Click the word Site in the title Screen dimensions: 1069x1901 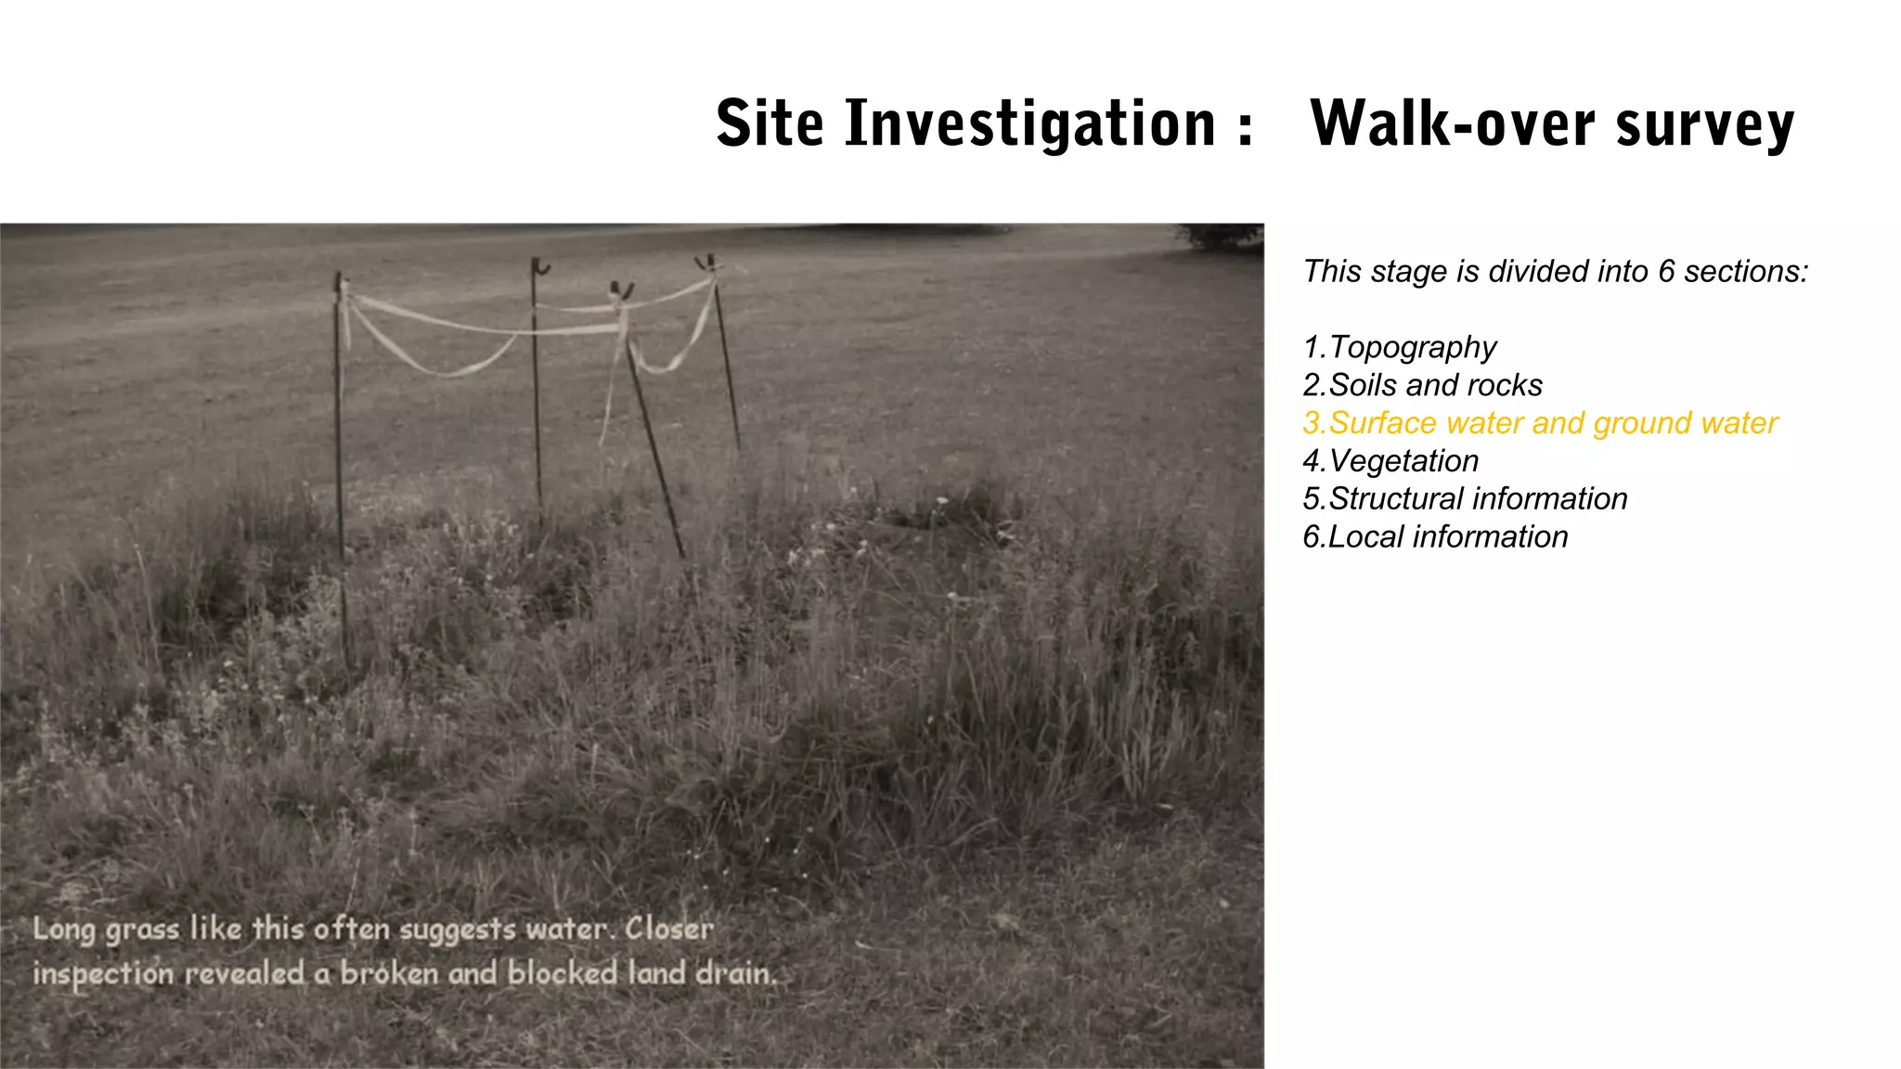click(x=769, y=123)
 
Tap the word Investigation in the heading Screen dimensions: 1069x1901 click(x=1030, y=123)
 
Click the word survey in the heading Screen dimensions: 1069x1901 click(x=1705, y=125)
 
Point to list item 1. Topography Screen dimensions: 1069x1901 click(x=1400, y=347)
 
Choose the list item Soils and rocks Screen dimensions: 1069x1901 click(x=1422, y=385)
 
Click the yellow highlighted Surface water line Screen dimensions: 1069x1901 click(x=1539, y=423)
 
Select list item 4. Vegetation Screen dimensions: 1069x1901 click(x=1390, y=461)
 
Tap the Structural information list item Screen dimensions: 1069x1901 click(x=1465, y=499)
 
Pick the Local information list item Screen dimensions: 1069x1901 click(x=1435, y=537)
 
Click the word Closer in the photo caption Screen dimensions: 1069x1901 click(x=669, y=928)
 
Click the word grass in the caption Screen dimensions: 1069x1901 click(x=142, y=930)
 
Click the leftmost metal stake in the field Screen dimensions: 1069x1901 click(x=341, y=464)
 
